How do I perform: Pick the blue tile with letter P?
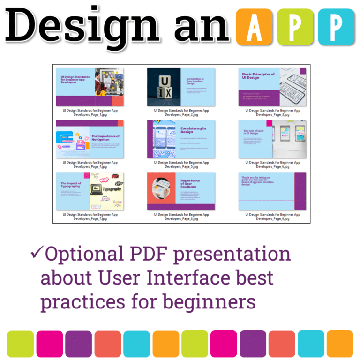(x=336, y=26)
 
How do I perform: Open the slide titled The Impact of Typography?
(x=90, y=191)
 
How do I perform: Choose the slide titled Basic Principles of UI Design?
(x=272, y=87)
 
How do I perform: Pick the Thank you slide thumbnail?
(x=272, y=191)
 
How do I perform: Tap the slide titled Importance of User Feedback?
(x=181, y=191)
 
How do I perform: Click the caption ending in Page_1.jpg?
(x=90, y=112)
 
